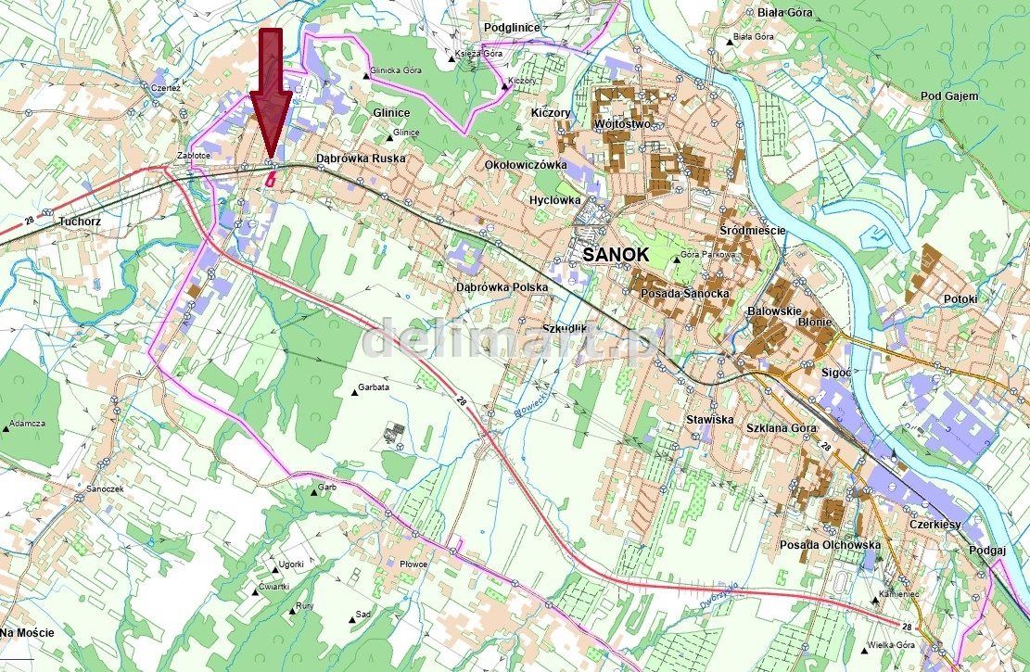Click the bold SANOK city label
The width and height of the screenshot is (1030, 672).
[x=616, y=253]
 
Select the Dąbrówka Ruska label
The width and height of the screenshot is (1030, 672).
[x=361, y=158]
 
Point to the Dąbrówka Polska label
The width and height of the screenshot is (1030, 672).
[x=502, y=287]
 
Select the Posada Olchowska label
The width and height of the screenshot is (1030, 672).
[x=830, y=545]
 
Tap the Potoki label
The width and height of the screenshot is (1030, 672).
[x=960, y=298]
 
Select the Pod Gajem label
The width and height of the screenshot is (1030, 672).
[x=950, y=96]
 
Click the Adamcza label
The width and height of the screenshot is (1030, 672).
[x=27, y=423]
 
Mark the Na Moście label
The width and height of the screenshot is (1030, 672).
[x=27, y=632]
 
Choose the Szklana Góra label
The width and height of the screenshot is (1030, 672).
[x=782, y=428]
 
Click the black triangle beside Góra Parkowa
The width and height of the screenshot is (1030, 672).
[x=675, y=258]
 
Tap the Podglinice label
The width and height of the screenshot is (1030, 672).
[x=511, y=28]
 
